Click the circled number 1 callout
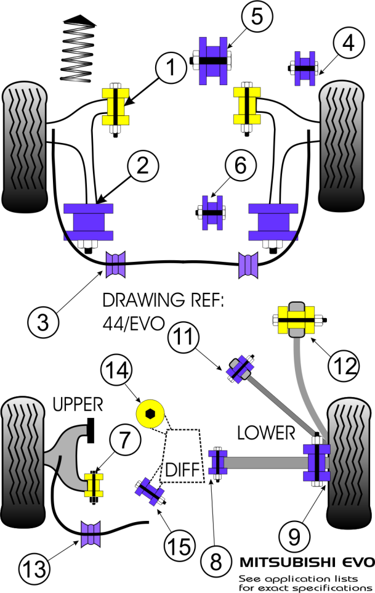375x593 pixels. coord(171,68)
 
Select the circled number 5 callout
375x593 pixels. coord(257,16)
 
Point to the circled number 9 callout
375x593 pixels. coord(294,537)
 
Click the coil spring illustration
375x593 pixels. coord(78,48)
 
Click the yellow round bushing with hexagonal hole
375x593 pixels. coord(150,414)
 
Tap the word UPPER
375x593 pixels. coord(78,404)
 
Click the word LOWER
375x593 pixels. coord(266,433)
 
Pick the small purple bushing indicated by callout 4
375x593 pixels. coord(305,68)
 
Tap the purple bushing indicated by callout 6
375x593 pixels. coord(212,213)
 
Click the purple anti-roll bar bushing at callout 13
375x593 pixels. coord(91,534)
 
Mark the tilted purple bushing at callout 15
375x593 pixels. coord(150,492)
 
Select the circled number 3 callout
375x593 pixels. coord(43,322)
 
